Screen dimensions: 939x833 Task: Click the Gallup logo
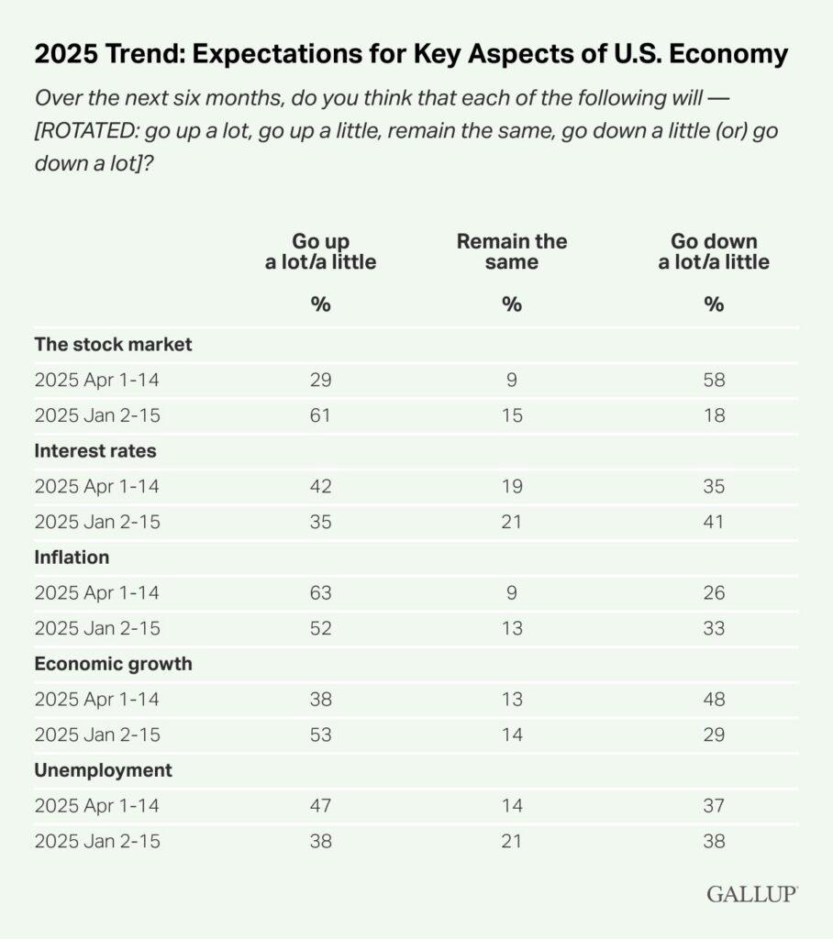click(752, 893)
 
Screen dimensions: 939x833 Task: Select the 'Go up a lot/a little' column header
click(320, 251)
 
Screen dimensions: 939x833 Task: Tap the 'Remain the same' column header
click(512, 251)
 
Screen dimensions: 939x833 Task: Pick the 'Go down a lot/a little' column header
click(715, 251)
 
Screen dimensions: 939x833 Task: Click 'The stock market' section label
click(114, 345)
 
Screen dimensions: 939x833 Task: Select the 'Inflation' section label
click(72, 557)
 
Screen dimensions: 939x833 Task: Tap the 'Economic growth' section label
click(114, 663)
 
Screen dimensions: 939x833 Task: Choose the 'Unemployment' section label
click(103, 770)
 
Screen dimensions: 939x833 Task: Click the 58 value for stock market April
click(715, 380)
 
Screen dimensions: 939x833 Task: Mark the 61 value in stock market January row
click(320, 415)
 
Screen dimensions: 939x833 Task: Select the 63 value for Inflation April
click(320, 592)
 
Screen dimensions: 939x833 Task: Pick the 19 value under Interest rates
click(512, 486)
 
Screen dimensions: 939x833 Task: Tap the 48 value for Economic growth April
click(715, 699)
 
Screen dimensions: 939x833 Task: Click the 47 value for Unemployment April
click(320, 805)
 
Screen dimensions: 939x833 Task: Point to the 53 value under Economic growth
click(320, 735)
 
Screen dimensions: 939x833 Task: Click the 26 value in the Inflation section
click(715, 592)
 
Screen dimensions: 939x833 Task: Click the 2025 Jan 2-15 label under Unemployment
click(97, 841)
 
